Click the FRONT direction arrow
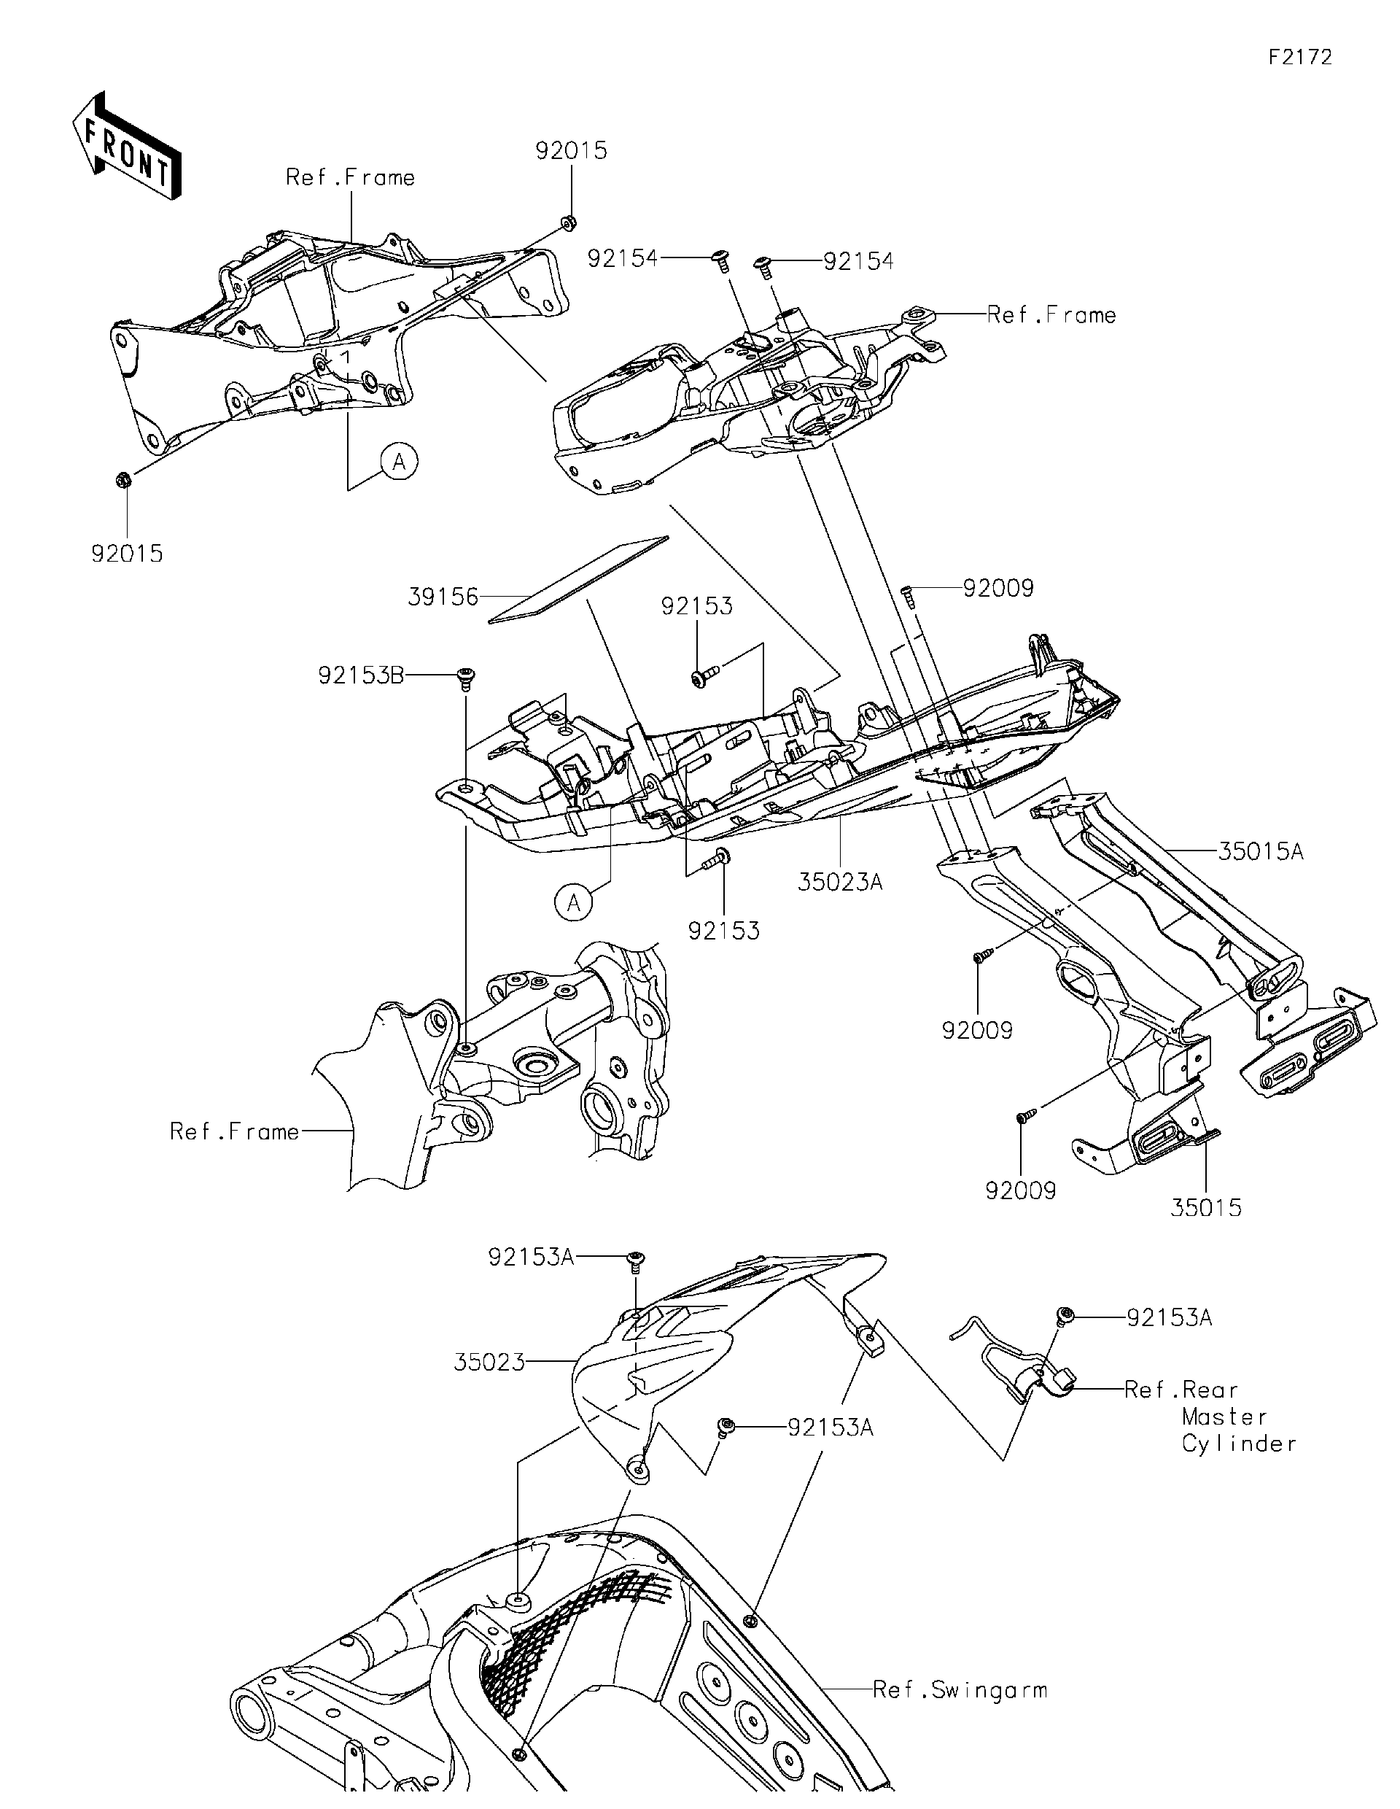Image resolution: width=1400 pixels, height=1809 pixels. pos(127,146)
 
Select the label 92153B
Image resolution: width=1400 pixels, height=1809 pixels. pos(361,676)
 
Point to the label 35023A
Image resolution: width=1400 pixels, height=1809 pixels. pos(839,882)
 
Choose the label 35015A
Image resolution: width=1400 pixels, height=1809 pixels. pos(1260,851)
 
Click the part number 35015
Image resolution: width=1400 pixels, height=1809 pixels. pos(1205,1208)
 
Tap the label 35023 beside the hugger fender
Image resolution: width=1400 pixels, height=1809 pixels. pos(489,1362)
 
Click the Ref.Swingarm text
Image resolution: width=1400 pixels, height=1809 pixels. pos(960,1689)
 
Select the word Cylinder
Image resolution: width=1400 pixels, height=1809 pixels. pos(1239,1444)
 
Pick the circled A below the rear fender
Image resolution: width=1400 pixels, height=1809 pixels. pos(574,903)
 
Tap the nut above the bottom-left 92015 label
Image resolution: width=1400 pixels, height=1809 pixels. pos(122,479)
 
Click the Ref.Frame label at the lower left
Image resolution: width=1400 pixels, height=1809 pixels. pos(234,1131)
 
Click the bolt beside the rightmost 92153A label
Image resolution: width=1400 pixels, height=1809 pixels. pos(1065,1314)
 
